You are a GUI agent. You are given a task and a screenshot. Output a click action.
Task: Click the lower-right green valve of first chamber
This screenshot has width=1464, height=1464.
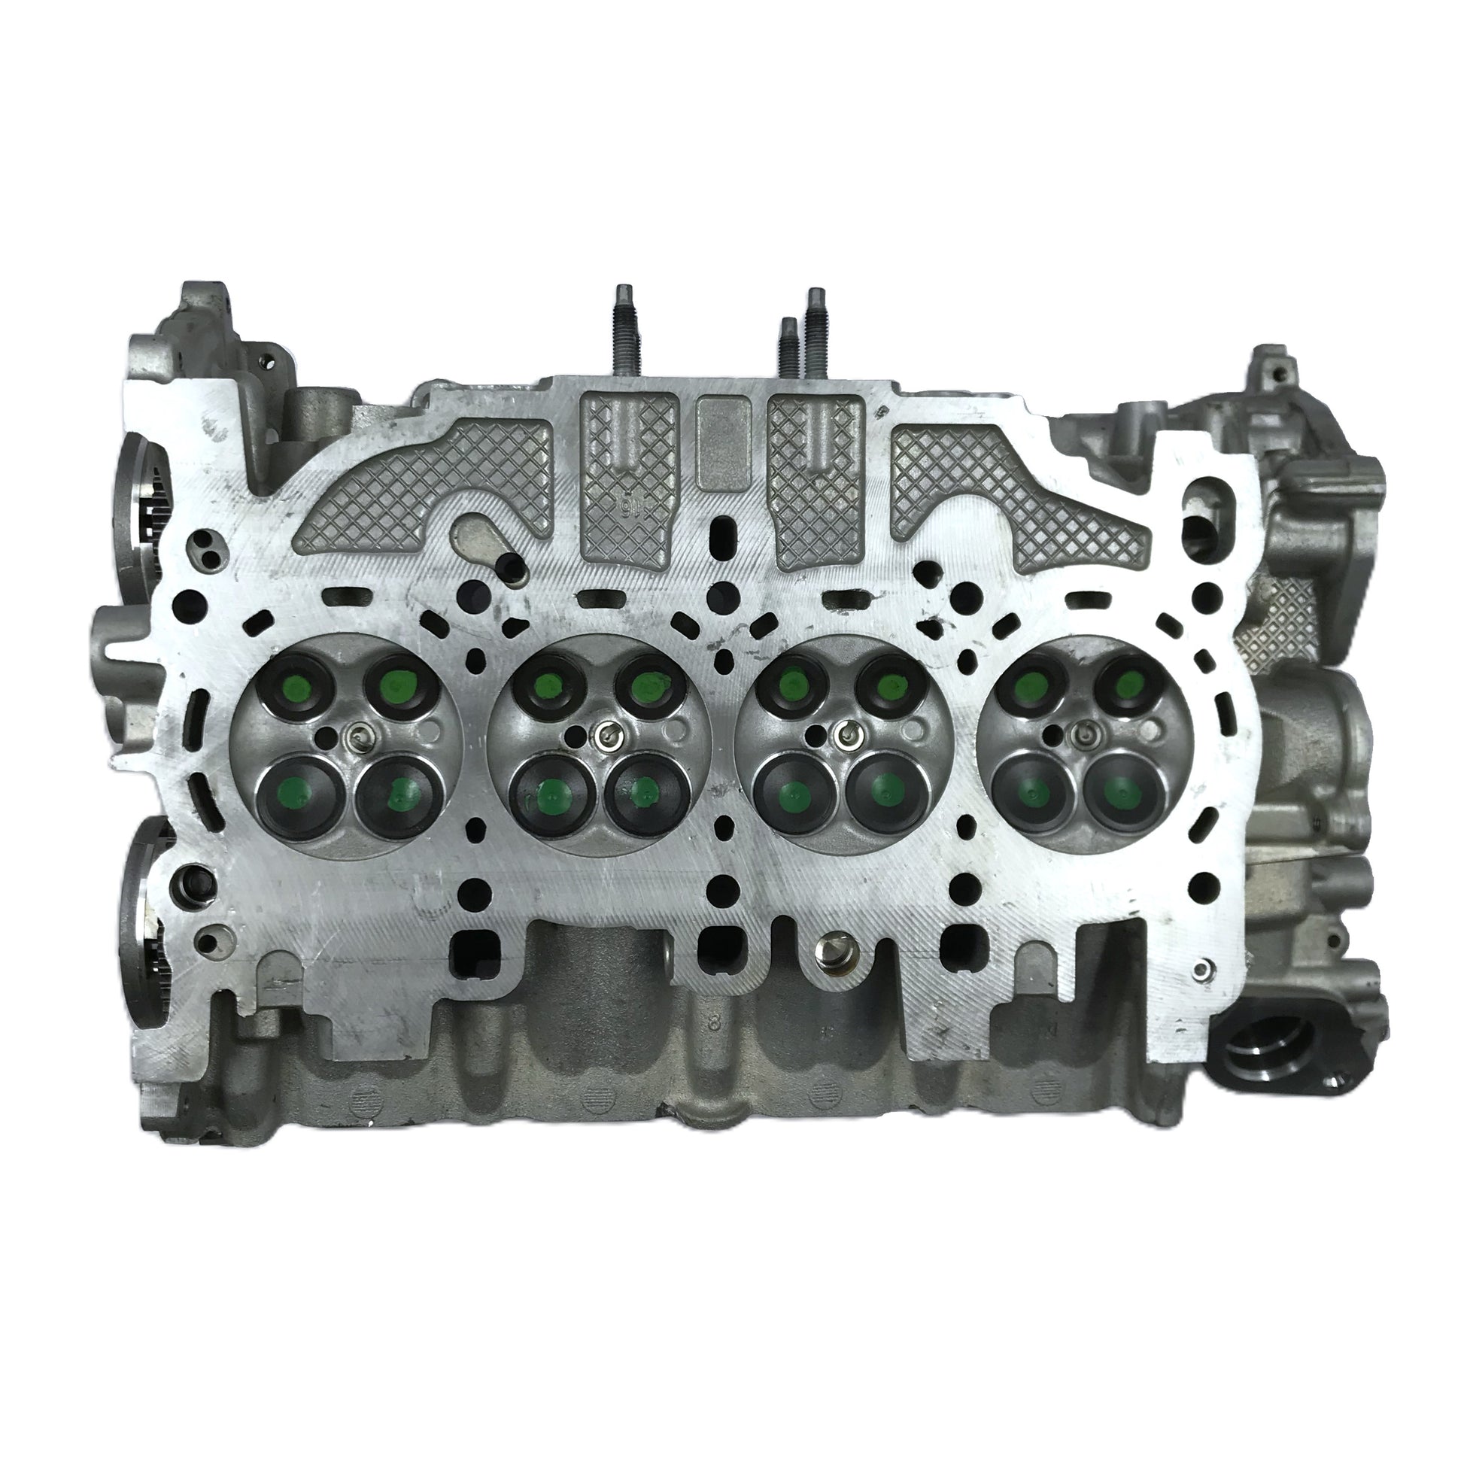click(x=399, y=794)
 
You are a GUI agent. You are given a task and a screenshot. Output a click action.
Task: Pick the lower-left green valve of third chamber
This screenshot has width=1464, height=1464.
click(x=792, y=792)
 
